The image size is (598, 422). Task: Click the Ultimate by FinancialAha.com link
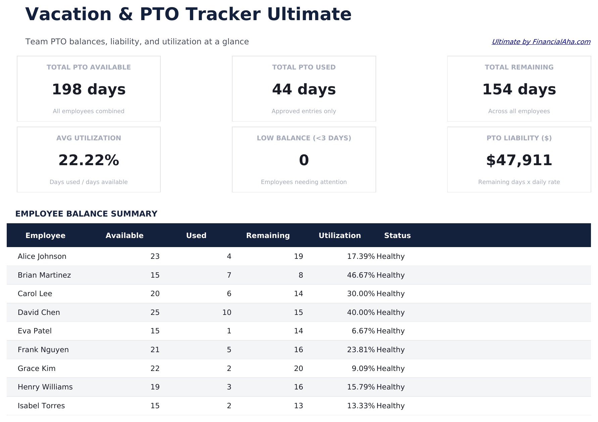point(541,42)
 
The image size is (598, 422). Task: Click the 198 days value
point(89,90)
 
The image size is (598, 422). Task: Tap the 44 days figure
point(304,90)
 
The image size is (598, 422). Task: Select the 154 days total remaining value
point(519,90)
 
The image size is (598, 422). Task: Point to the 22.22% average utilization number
point(89,160)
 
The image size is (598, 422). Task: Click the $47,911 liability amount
point(519,160)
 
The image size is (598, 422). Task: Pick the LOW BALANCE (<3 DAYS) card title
point(304,138)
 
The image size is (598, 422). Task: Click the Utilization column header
point(340,235)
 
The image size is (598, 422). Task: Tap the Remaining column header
point(268,235)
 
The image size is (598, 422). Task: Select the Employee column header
point(45,235)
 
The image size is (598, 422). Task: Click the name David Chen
point(39,312)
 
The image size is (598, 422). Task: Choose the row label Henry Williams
point(45,387)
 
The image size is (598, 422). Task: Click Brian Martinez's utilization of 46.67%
point(360,275)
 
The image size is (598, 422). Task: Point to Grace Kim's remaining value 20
point(298,368)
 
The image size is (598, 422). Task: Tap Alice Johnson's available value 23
point(155,256)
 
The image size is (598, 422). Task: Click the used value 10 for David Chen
point(227,312)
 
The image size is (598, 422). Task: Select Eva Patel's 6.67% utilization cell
point(363,331)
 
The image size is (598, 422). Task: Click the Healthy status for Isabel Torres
point(390,406)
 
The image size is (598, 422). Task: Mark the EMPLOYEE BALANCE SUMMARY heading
point(86,214)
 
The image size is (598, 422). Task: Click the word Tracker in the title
point(223,14)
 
